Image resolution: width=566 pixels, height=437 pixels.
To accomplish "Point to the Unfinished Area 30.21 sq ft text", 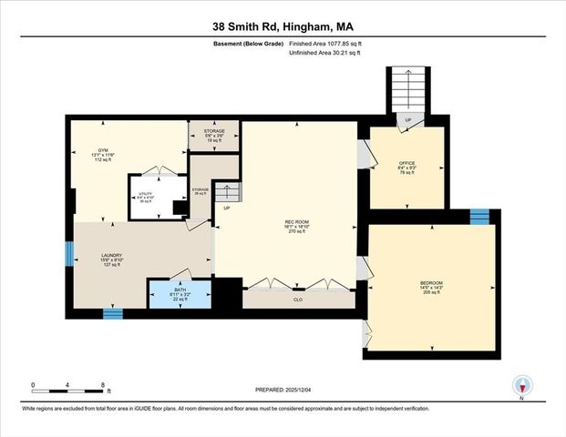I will tap(325, 53).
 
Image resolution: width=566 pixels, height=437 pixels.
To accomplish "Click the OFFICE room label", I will tap(406, 168).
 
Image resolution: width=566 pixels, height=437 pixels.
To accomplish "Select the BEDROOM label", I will tap(432, 286).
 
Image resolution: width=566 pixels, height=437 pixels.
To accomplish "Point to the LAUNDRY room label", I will tap(112, 259).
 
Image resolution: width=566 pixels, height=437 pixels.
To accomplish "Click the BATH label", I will tap(180, 296).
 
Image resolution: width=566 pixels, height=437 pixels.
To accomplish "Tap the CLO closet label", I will tap(297, 299).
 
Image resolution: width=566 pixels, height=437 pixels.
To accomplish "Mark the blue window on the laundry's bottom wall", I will tap(112, 313).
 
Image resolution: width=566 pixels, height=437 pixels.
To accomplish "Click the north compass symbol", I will tap(522, 385).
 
